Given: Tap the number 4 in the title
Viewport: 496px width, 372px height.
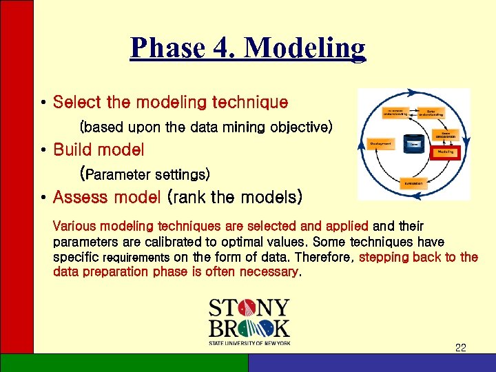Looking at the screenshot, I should point(225,48).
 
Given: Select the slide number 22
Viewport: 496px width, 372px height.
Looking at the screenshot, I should point(460,348).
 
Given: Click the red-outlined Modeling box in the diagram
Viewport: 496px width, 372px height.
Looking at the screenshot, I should point(446,151).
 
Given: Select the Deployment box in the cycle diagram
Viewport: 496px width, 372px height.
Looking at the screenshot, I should point(381,143).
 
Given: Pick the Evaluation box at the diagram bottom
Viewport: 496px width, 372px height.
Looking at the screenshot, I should point(413,183).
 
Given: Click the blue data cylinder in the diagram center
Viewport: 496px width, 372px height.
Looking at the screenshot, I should point(413,144).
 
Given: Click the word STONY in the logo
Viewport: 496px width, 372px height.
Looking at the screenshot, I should point(249,308).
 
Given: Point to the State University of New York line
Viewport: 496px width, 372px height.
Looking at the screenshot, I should point(249,342).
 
